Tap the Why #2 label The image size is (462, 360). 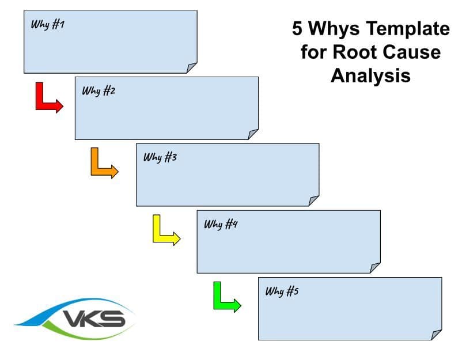pyautogui.click(x=99, y=91)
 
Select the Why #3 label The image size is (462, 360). pyautogui.click(x=160, y=157)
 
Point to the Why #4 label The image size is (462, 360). pyautogui.click(x=221, y=224)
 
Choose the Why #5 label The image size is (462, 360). pyautogui.click(x=282, y=291)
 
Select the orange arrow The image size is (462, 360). pyautogui.click(x=103, y=164)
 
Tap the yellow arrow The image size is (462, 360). pyautogui.click(x=164, y=230)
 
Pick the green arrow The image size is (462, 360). pyautogui.click(x=225, y=297)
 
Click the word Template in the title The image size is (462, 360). pyautogui.click(x=406, y=28)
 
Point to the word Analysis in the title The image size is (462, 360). pyautogui.click(x=370, y=75)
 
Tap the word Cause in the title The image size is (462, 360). pyautogui.click(x=412, y=52)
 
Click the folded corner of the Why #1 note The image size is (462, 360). pyautogui.click(x=191, y=68)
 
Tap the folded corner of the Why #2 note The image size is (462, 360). pyautogui.click(x=253, y=134)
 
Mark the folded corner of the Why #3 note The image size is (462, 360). pyautogui.click(x=313, y=200)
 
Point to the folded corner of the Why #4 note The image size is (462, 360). pyautogui.click(x=375, y=267)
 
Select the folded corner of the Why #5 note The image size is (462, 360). pyautogui.click(x=436, y=335)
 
